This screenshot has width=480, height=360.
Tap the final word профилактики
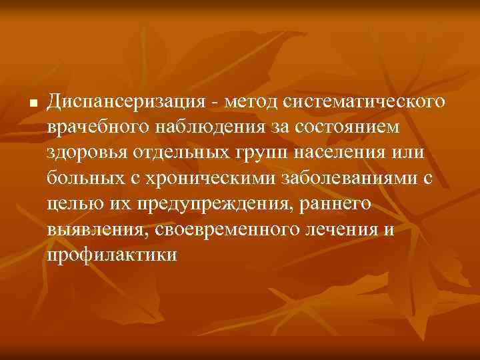112,255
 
